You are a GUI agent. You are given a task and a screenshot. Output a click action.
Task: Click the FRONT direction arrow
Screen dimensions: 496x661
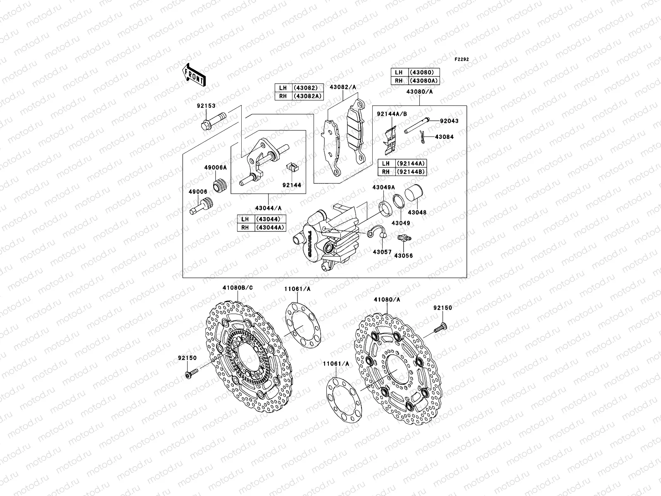point(195,74)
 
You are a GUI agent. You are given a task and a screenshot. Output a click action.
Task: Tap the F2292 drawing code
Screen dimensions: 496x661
point(462,60)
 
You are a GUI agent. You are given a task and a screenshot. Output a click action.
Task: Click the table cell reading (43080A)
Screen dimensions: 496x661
point(423,81)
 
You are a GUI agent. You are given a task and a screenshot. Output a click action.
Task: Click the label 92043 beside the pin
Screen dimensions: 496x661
point(449,121)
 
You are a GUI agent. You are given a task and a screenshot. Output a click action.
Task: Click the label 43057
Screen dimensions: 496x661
point(382,252)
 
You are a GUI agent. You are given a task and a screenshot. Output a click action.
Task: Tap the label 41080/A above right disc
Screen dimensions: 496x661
point(387,299)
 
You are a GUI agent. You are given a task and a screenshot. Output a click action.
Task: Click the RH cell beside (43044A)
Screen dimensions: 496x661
point(245,227)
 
